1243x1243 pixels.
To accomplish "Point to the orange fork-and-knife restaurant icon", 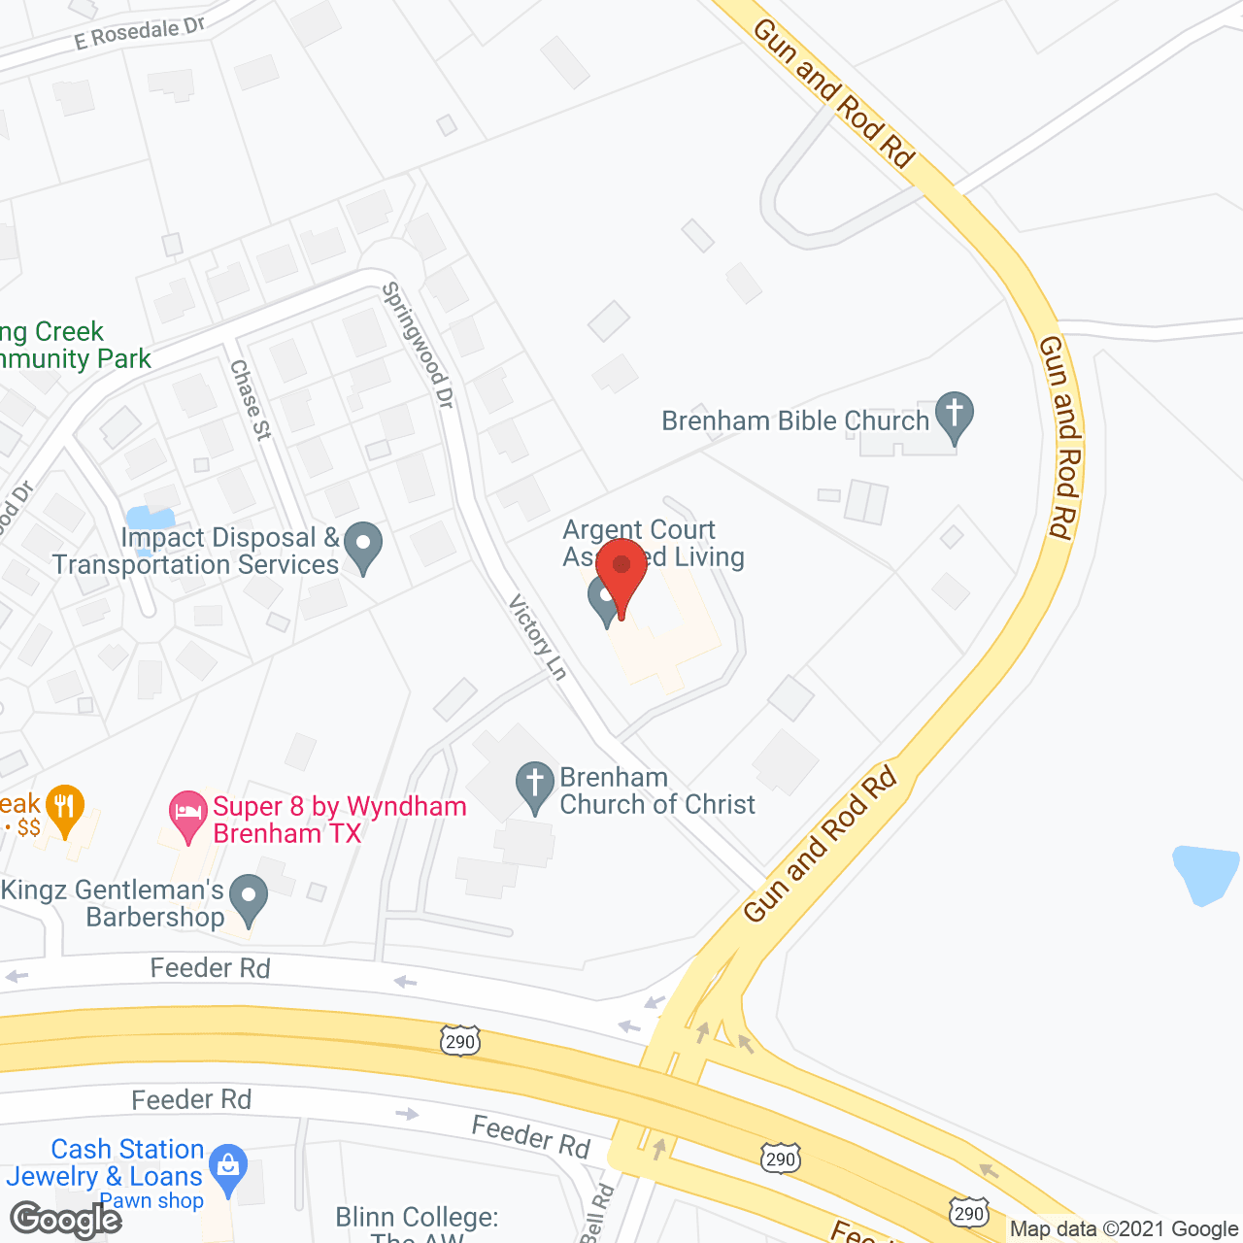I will click(65, 808).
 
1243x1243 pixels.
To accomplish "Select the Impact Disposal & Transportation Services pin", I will click(363, 546).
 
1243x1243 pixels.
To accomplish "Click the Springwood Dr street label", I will click(419, 345).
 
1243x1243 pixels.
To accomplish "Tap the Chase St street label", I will click(251, 399).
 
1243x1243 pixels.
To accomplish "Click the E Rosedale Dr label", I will click(140, 34).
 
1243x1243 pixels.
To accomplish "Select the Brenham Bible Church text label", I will click(795, 420).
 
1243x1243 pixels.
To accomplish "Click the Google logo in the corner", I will click(65, 1220).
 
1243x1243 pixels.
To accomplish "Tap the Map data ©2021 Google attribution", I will click(1125, 1229).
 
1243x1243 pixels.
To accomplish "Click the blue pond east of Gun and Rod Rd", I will click(1205, 873).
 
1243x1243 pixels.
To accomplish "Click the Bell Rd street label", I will click(597, 1213).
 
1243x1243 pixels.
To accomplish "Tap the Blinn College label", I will click(417, 1219).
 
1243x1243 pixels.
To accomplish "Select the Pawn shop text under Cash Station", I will click(152, 1201).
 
